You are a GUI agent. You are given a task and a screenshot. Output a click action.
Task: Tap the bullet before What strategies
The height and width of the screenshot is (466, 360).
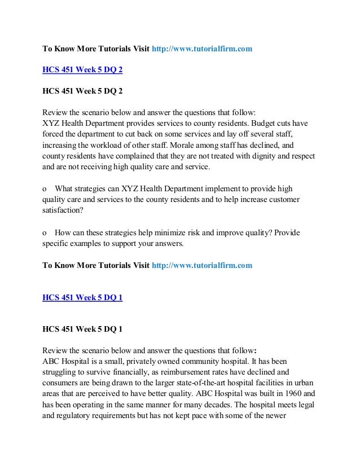(45, 190)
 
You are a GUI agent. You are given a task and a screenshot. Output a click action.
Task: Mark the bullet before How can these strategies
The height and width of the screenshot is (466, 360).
(45, 234)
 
